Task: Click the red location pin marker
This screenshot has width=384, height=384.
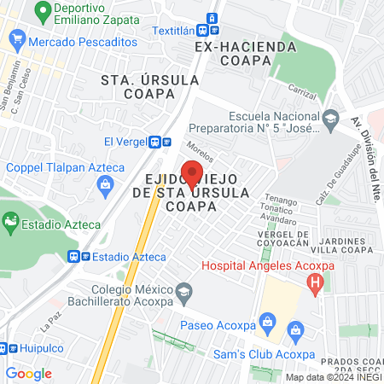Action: point(193,175)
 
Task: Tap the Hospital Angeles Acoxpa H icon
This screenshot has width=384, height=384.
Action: point(317,282)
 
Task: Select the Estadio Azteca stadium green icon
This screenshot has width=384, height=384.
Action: point(10,224)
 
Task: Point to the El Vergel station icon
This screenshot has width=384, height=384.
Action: point(155,142)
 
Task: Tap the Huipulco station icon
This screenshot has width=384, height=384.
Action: point(3,348)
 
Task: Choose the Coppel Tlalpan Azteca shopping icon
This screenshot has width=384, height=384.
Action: point(105,183)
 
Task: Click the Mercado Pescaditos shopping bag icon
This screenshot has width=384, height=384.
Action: point(16,39)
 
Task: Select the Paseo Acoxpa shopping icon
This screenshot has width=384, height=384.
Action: point(268,321)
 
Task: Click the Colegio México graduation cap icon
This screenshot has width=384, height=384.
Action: point(183,293)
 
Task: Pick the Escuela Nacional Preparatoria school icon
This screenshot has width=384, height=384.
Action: point(332,118)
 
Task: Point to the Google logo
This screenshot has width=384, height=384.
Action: point(28,373)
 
